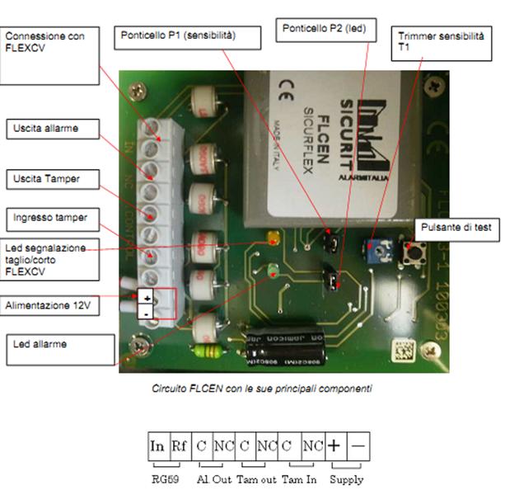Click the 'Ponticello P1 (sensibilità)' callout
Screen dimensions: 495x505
pos(189,37)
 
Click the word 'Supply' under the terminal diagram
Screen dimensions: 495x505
pos(347,478)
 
